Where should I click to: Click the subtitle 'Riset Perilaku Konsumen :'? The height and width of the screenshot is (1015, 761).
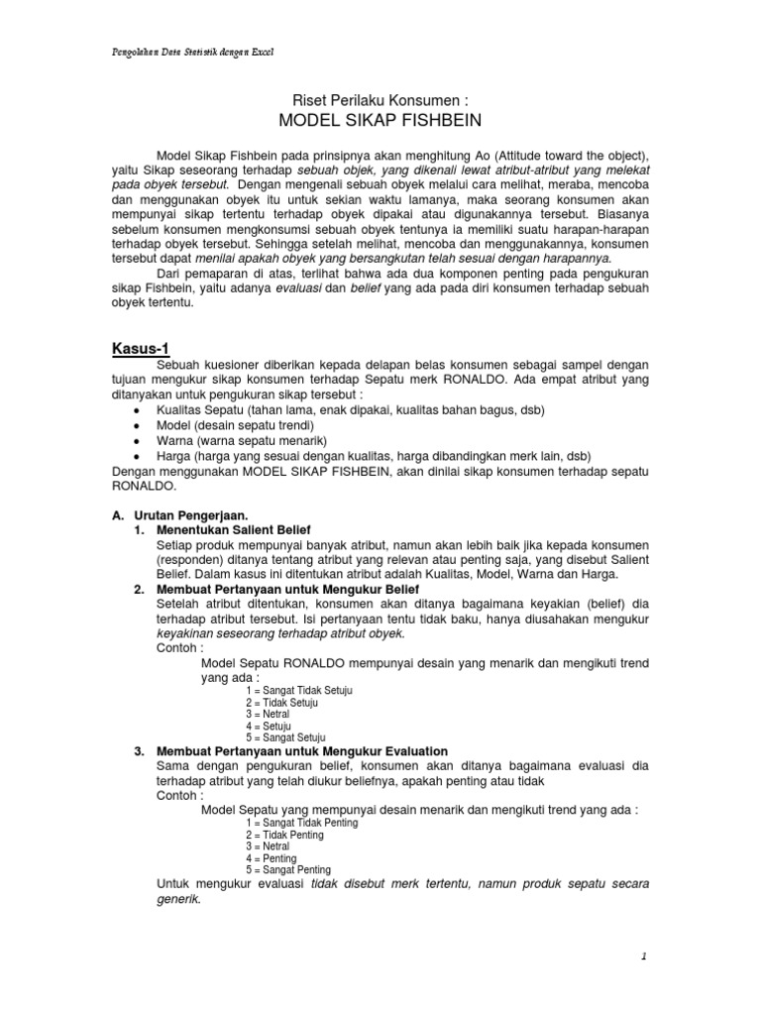click(x=380, y=100)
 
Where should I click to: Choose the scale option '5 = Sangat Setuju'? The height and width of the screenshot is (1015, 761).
click(x=285, y=737)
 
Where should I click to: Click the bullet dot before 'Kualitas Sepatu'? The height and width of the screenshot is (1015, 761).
click(x=136, y=410)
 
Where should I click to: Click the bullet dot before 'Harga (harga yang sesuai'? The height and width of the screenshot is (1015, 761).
click(x=136, y=456)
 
